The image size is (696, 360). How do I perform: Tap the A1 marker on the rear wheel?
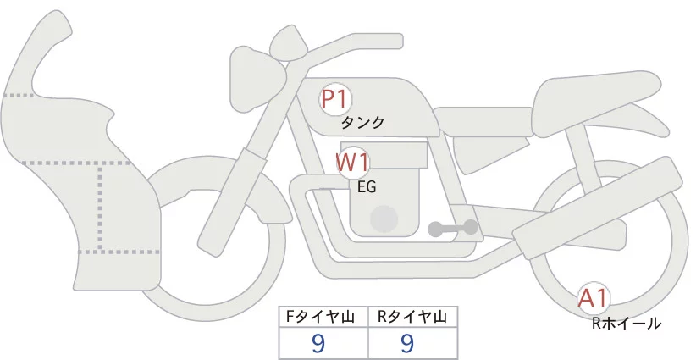pyautogui.click(x=594, y=297)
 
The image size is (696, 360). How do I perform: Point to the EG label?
pyautogui.click(x=367, y=187)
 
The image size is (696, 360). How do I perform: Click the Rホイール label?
pyautogui.click(x=626, y=323)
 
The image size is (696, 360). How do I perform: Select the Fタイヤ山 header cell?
pyautogui.click(x=324, y=317)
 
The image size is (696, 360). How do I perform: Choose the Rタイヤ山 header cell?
pyautogui.click(x=412, y=317)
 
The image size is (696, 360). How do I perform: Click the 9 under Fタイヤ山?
pyautogui.click(x=319, y=343)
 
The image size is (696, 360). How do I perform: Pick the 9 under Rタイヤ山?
pyautogui.click(x=407, y=343)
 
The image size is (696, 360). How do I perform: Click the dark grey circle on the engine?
pyautogui.click(x=385, y=219)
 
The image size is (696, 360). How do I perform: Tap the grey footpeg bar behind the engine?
pyautogui.click(x=454, y=228)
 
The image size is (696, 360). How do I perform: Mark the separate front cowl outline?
pyautogui.click(x=76, y=169)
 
